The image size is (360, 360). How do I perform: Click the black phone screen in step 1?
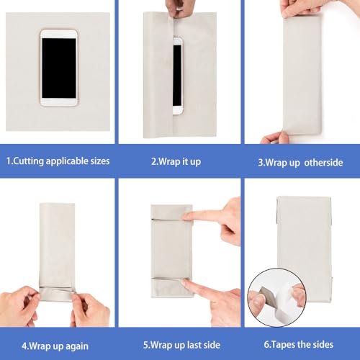[59, 68]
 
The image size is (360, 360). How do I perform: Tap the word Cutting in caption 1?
[28, 161]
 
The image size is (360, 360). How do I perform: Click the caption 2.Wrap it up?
[176, 161]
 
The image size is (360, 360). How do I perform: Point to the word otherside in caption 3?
[323, 163]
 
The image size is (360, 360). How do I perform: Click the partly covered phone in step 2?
[177, 76]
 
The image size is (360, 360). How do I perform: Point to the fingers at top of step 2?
[177, 9]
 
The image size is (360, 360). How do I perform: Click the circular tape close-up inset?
[276, 297]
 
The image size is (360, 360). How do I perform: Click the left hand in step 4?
[19, 307]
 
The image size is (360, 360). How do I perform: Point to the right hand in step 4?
[89, 310]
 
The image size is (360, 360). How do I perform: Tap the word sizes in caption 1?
[100, 161]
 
